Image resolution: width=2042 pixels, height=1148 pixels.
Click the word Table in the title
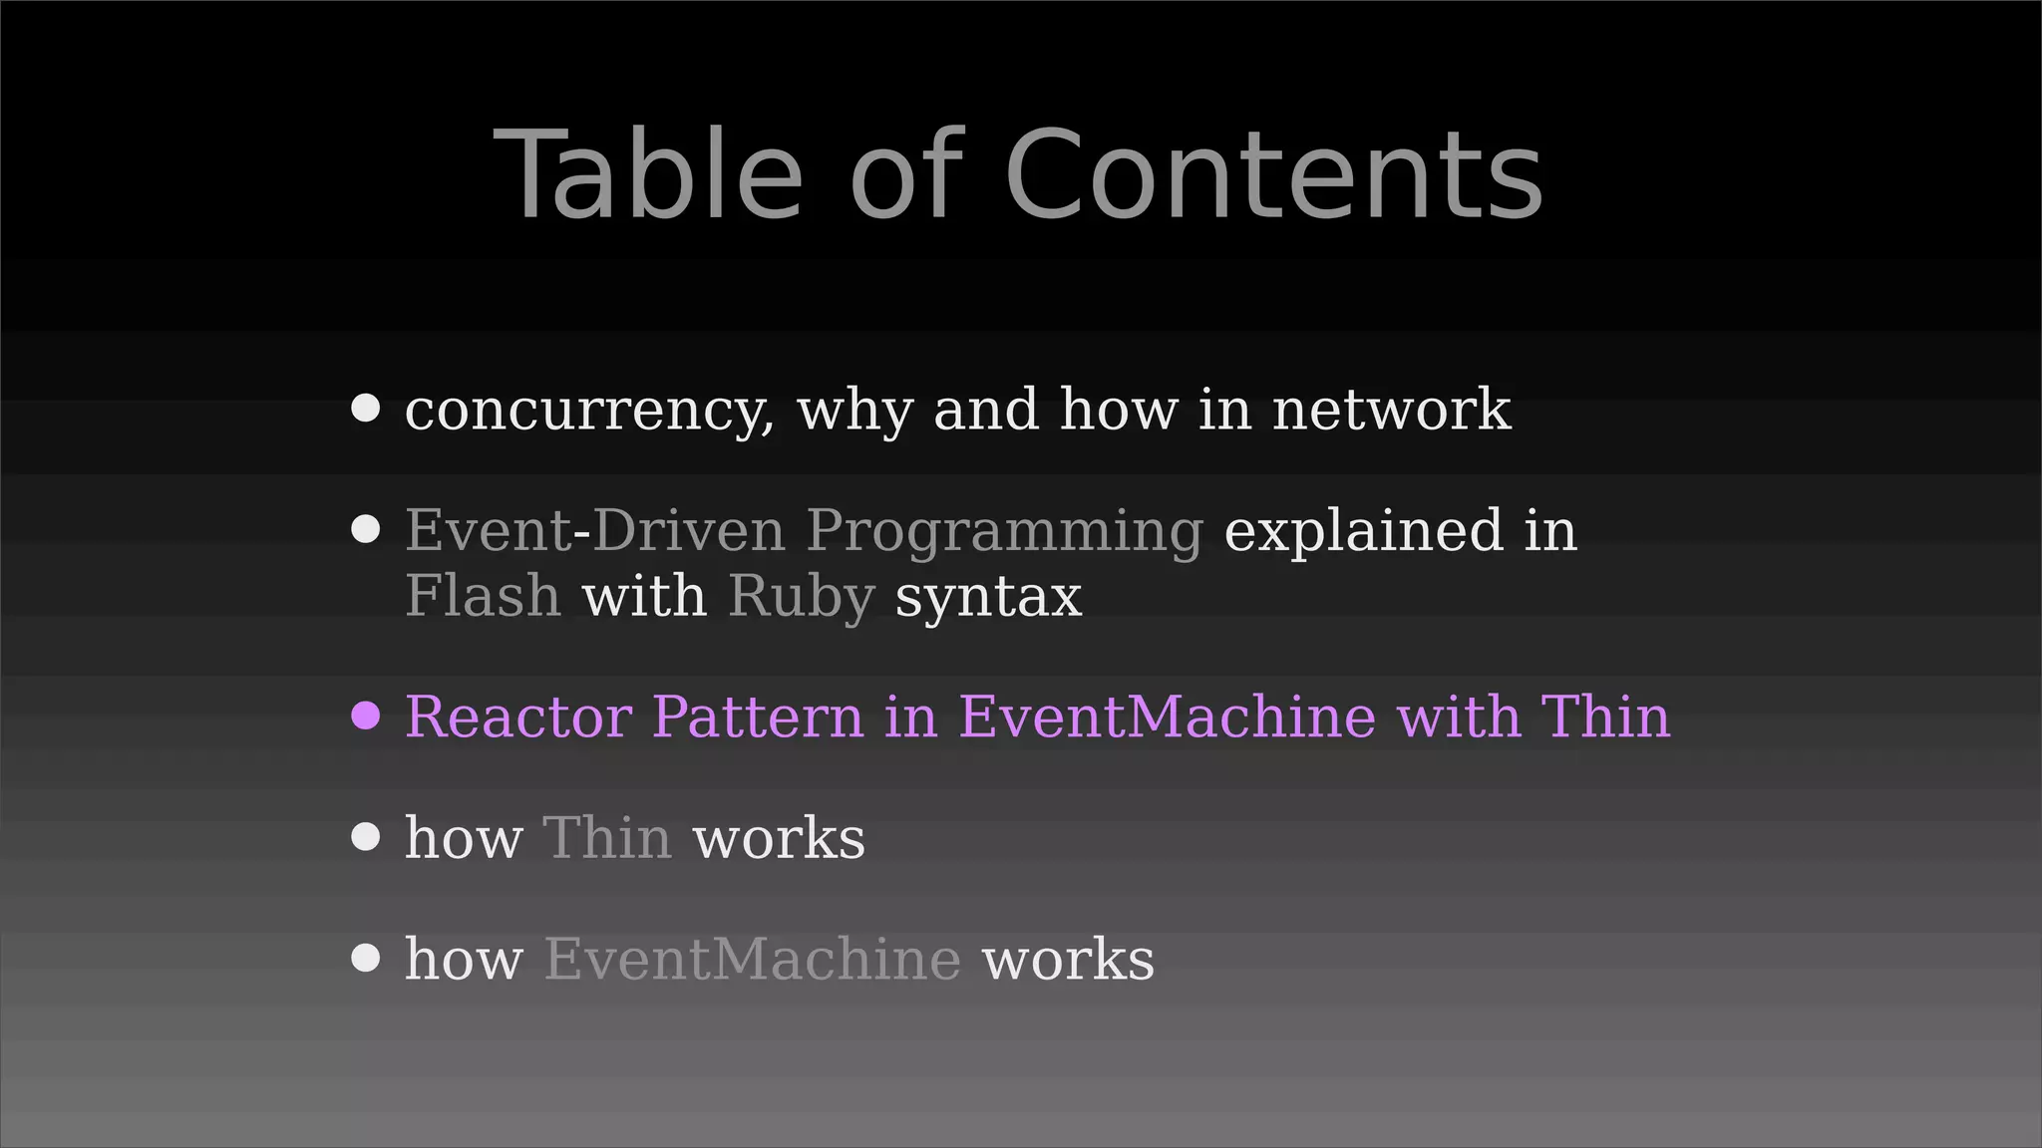tap(648, 175)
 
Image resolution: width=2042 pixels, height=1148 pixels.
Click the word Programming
tap(1004, 531)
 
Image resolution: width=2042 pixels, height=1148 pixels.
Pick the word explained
tap(1362, 531)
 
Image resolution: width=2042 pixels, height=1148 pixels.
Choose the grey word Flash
tap(483, 596)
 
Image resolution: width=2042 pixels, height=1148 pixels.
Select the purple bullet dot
tap(366, 716)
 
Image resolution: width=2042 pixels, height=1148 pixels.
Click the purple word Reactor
tap(518, 717)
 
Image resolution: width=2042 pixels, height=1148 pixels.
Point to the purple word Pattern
tap(758, 717)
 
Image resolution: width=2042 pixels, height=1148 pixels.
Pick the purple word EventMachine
tap(1167, 717)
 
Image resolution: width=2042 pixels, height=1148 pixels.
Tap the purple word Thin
tap(1605, 717)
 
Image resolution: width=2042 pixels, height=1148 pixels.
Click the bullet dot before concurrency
tap(366, 409)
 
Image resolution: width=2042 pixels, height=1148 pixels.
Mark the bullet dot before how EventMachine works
tap(366, 959)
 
